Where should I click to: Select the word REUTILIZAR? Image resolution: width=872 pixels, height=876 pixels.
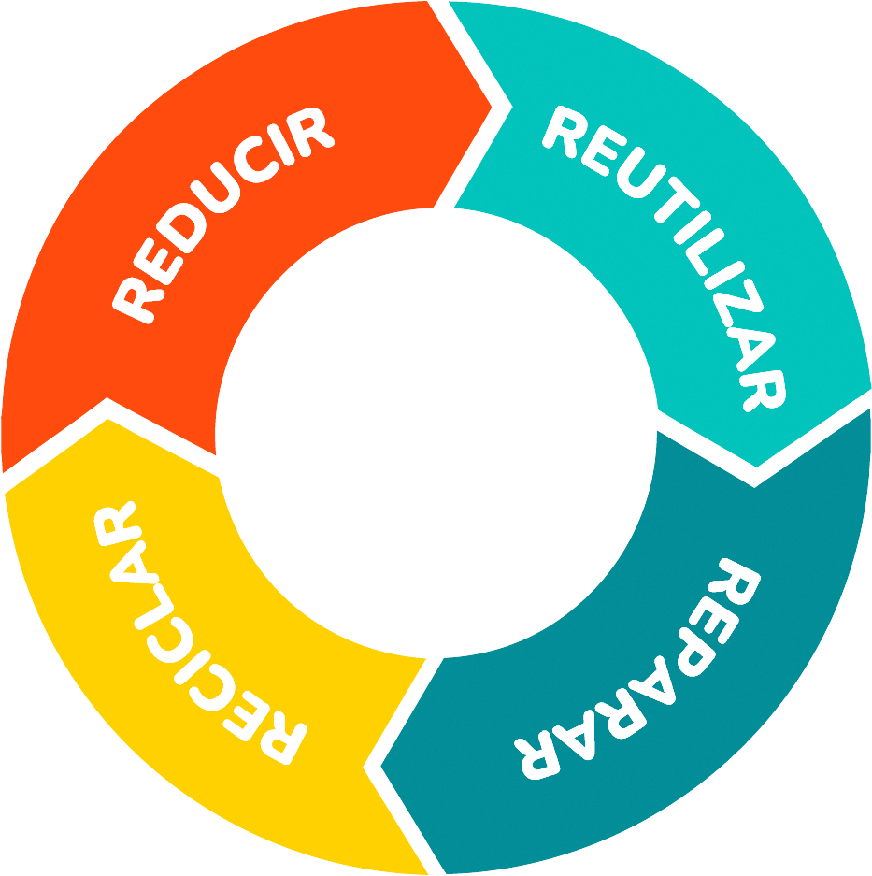[x=678, y=248]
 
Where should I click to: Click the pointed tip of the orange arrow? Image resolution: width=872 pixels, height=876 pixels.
[x=492, y=103]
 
